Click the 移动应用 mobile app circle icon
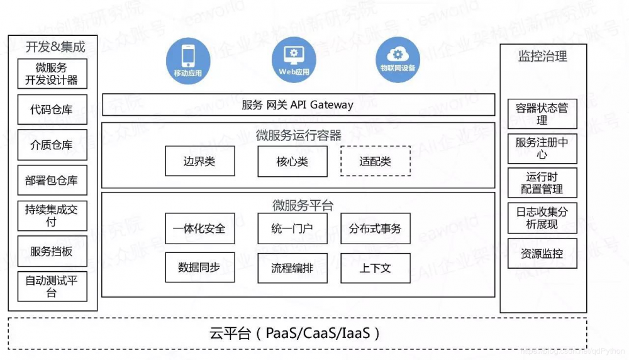pyautogui.click(x=187, y=59)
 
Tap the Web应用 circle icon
pyautogui.click(x=294, y=59)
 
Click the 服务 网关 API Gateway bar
pyautogui.click(x=298, y=105)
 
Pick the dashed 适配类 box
pyautogui.click(x=376, y=161)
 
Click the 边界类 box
pyautogui.click(x=199, y=161)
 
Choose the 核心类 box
pyautogui.click(x=292, y=161)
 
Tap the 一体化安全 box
pyautogui.click(x=199, y=228)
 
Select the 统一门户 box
pyautogui.click(x=292, y=228)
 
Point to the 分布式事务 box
pyautogui.click(x=376, y=228)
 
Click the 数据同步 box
pyautogui.click(x=199, y=267)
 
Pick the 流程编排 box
pyautogui.click(x=292, y=267)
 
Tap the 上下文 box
pyautogui.click(x=376, y=267)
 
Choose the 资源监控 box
pyautogui.click(x=542, y=254)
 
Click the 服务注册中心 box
pyautogui.click(x=542, y=149)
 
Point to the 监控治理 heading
pyautogui.click(x=543, y=57)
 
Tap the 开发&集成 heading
pyautogui.click(x=55, y=47)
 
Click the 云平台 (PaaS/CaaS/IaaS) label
pyautogui.click(x=295, y=333)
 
